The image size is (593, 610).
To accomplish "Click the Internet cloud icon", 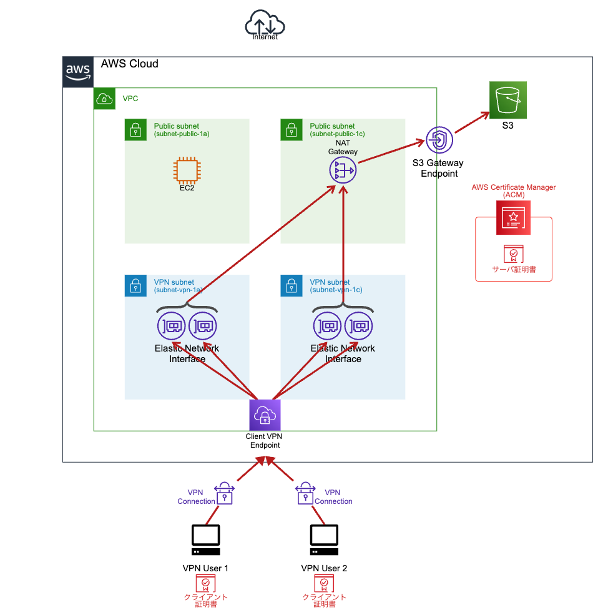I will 265,25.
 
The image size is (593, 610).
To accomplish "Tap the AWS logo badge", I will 78,72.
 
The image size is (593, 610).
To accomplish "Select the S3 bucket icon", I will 508,100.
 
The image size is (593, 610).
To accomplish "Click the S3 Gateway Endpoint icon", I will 439,140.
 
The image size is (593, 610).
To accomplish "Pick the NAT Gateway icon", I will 343,170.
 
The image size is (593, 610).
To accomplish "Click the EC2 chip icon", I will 187,170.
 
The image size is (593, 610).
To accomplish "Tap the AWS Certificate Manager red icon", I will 513,218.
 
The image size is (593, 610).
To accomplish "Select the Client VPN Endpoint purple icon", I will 265,415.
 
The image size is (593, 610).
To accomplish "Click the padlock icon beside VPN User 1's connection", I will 223,493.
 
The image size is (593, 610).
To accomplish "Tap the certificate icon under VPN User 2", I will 324,583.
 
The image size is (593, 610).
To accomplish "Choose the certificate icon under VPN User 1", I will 205,583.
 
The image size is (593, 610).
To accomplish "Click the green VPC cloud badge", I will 104,99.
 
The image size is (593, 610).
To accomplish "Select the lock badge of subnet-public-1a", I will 135,129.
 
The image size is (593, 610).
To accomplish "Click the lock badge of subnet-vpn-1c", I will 291,285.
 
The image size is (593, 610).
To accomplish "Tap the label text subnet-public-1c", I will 337,134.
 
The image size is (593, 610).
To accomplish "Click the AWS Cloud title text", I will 130,64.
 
